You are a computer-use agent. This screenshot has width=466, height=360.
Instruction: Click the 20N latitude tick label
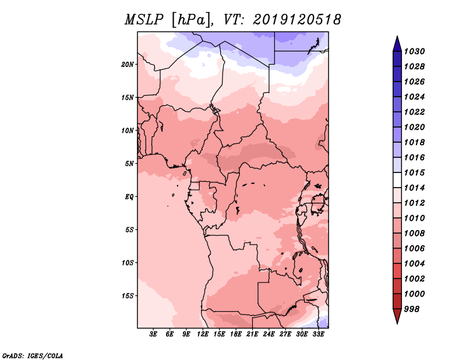click(128, 65)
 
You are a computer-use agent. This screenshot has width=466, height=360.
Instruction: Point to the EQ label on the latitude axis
click(129, 197)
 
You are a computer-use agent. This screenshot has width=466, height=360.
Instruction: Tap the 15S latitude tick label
click(128, 296)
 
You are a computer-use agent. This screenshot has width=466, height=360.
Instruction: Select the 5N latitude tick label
click(129, 164)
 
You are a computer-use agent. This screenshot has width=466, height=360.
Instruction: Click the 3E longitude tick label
click(153, 334)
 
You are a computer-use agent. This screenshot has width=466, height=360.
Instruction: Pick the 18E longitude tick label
click(236, 334)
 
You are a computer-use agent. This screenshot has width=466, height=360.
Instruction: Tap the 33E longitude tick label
click(318, 334)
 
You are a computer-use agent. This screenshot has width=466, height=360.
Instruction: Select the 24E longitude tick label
click(269, 334)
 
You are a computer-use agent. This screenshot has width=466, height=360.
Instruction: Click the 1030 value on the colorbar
click(414, 51)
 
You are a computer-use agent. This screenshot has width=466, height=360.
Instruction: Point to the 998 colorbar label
click(412, 309)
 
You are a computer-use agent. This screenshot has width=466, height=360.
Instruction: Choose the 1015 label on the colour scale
click(414, 172)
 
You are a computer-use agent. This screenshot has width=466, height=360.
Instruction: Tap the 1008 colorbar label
click(414, 234)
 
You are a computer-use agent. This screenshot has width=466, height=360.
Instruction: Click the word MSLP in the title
click(144, 20)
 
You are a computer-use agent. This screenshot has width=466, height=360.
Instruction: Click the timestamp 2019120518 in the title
click(297, 20)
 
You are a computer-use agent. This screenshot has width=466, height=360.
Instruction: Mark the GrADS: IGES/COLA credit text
click(33, 355)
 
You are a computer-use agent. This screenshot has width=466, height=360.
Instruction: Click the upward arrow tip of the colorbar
click(397, 36)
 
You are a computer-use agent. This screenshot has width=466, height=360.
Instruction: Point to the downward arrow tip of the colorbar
click(397, 323)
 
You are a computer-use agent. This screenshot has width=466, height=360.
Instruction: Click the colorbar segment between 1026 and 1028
click(397, 74)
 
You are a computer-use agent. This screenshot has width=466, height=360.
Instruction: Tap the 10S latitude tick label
click(128, 263)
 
